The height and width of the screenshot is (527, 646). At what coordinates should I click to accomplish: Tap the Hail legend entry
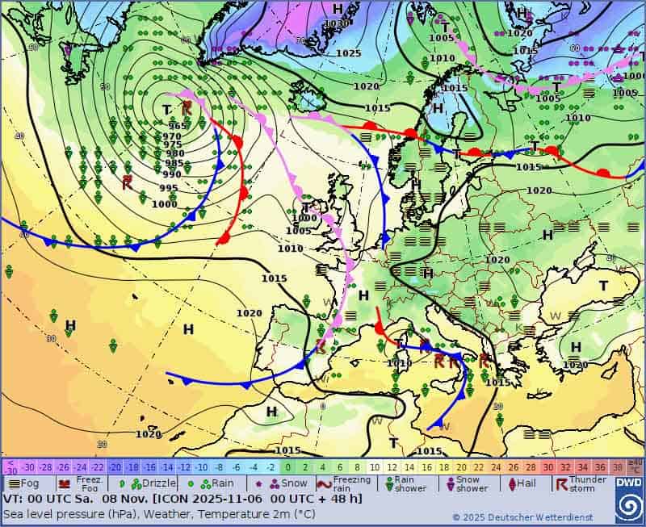coord(520,483)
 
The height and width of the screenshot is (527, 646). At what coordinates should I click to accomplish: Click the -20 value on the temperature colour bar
coord(115,467)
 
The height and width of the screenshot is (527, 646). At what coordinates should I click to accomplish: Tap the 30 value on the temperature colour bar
coord(548,467)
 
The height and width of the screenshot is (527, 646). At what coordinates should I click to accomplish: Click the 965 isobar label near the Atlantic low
coord(178,126)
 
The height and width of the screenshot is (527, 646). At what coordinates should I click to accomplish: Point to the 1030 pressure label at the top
coord(337,23)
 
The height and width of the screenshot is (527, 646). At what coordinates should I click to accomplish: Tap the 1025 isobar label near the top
coord(348,53)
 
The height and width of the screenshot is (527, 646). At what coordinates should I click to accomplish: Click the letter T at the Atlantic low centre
coord(166,110)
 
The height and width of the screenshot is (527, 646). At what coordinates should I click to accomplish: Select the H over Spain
coord(363,295)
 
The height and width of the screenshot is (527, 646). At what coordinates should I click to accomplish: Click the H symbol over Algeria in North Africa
coord(271,412)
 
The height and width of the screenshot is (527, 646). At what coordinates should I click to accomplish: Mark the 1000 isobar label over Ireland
coord(304,218)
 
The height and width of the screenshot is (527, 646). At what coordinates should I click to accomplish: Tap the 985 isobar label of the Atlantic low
coord(174,163)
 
